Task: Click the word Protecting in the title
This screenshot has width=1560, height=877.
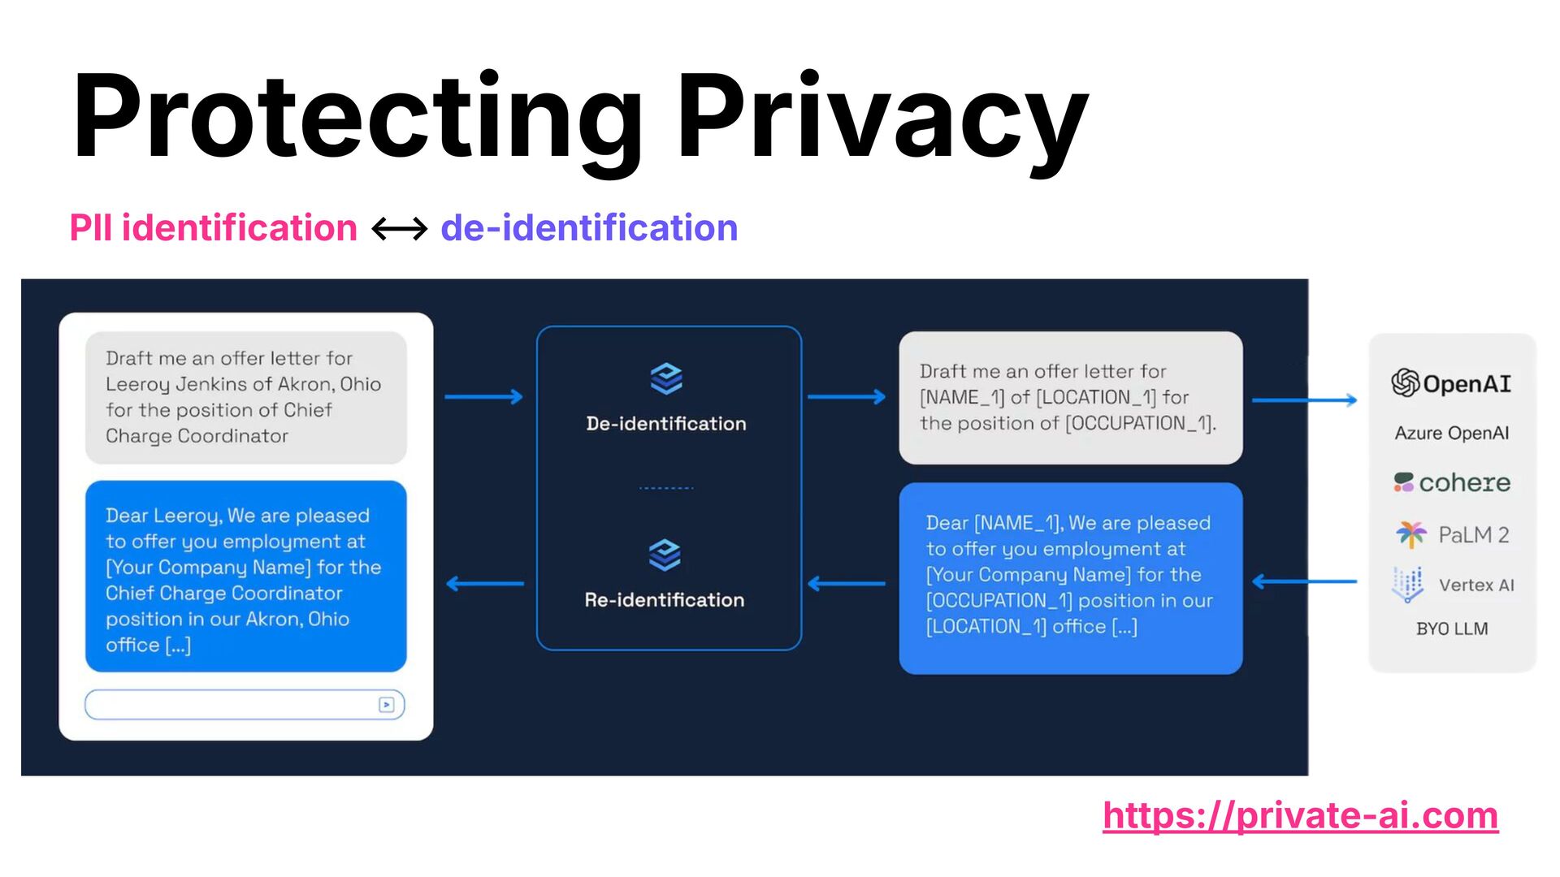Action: click(x=357, y=118)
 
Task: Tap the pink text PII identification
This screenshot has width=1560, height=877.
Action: click(x=213, y=228)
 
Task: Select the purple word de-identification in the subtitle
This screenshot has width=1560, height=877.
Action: click(x=589, y=228)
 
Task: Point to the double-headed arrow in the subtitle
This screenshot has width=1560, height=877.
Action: click(x=399, y=229)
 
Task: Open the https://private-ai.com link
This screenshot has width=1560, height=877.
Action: click(x=1300, y=815)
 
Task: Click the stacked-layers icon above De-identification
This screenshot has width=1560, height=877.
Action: click(x=666, y=378)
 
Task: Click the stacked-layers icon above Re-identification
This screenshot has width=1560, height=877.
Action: click(x=665, y=555)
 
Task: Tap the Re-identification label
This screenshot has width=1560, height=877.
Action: click(x=665, y=600)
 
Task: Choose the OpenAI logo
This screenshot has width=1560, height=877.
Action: click(x=1451, y=382)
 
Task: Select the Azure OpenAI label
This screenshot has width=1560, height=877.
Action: click(x=1451, y=433)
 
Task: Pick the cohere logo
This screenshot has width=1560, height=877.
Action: click(x=1451, y=482)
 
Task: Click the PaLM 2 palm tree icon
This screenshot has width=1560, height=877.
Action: click(x=1410, y=534)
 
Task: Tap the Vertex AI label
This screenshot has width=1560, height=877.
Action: click(x=1476, y=585)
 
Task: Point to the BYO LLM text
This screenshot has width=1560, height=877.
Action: click(x=1451, y=629)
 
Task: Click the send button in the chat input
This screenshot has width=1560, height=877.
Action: click(x=387, y=705)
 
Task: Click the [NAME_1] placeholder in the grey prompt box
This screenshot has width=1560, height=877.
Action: click(x=962, y=397)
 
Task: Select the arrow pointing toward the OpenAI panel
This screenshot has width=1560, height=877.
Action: click(x=1304, y=400)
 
